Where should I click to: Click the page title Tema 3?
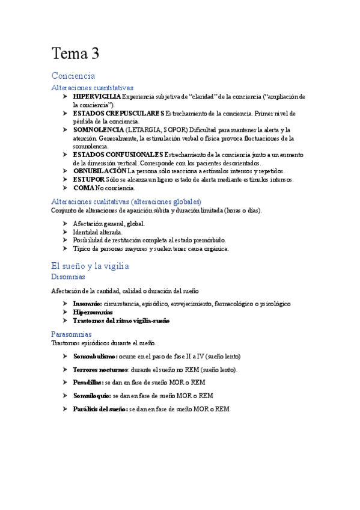[x=75, y=55]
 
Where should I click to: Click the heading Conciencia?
[x=73, y=76]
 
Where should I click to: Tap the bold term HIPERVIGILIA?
[x=97, y=96]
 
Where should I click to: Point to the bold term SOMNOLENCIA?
[x=99, y=129]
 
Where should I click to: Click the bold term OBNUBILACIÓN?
[x=100, y=171]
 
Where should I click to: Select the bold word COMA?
[x=84, y=188]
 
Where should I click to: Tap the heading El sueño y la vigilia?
[x=90, y=265]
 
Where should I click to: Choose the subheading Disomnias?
[x=69, y=277]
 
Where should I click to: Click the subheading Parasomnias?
[x=72, y=334]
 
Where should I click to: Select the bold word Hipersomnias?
[x=93, y=312]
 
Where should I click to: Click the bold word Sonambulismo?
[x=95, y=356]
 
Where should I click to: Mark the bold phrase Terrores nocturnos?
[x=100, y=369]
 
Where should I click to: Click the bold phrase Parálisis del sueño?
[x=99, y=409]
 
